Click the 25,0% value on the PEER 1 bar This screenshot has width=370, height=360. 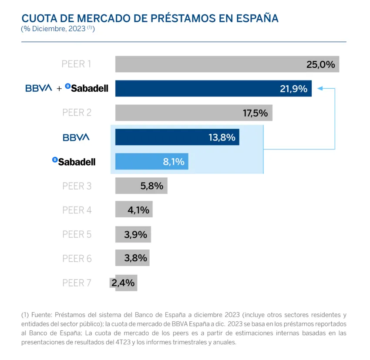320,65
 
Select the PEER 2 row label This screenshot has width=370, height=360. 77,113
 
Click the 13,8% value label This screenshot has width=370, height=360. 222,137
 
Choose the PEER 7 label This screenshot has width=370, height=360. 77,283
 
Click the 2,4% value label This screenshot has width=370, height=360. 123,283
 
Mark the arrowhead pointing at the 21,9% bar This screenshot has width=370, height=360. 320,88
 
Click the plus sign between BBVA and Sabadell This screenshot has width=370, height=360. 59,89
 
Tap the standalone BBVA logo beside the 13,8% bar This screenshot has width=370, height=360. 76,137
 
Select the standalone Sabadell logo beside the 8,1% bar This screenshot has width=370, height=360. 74,162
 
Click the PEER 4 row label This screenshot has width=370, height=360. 77,210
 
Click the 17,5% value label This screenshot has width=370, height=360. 255,113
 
